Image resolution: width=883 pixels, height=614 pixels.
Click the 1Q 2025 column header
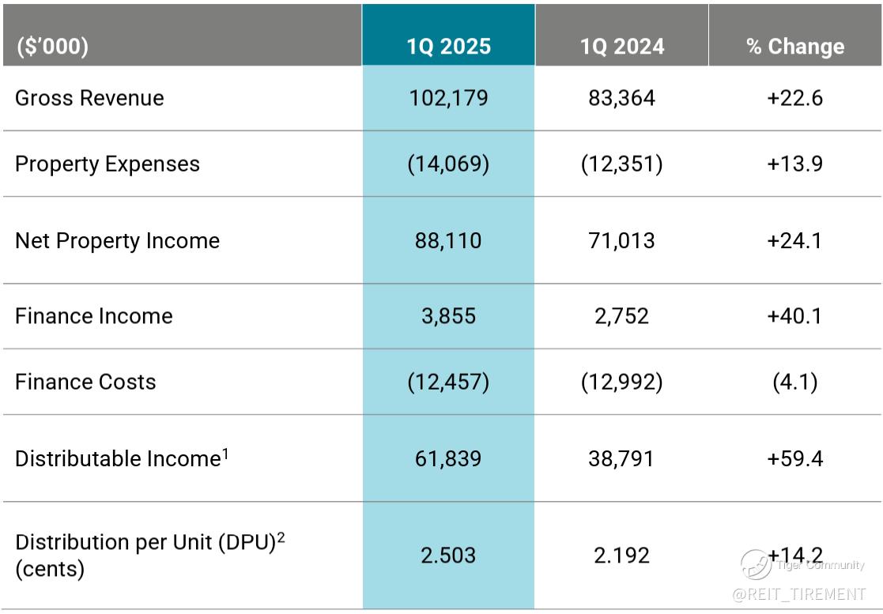click(x=448, y=47)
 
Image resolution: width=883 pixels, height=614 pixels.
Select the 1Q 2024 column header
click(x=621, y=47)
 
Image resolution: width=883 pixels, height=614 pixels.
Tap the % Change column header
click(x=794, y=47)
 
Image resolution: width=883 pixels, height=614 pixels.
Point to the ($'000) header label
click(x=52, y=47)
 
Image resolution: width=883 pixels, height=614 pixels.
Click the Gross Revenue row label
click(x=89, y=98)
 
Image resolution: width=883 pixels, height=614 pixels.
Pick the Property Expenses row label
click(x=108, y=164)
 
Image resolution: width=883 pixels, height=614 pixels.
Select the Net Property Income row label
click(x=117, y=240)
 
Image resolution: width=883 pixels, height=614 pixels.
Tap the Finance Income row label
click(x=93, y=316)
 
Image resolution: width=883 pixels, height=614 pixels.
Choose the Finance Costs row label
click(x=85, y=382)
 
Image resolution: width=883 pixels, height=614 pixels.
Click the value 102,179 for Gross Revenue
click(x=448, y=98)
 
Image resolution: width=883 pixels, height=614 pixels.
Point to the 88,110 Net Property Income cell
click(x=448, y=240)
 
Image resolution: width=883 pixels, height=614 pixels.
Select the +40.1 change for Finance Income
click(x=794, y=316)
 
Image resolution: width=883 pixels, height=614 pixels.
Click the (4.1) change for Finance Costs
click(x=794, y=382)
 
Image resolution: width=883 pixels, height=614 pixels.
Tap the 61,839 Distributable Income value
click(x=448, y=458)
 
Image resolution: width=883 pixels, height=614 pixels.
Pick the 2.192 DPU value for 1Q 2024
click(x=621, y=555)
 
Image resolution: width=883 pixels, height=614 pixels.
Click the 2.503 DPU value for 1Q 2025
click(x=448, y=555)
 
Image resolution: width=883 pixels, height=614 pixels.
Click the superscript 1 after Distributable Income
click(x=225, y=453)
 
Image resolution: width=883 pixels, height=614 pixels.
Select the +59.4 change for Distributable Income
click(x=794, y=458)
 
